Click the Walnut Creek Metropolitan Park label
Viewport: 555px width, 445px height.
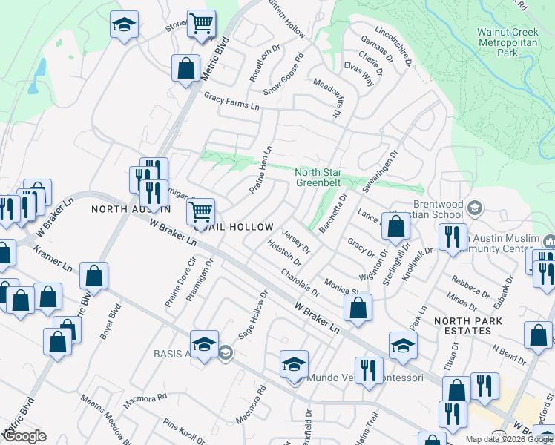click(508, 42)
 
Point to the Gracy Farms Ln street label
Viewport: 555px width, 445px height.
click(232, 102)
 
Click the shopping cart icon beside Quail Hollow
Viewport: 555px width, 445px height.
click(200, 211)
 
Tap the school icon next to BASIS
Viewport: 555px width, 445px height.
click(204, 343)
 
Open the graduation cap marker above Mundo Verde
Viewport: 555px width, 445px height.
click(294, 363)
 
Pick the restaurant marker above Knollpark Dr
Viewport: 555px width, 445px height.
click(452, 237)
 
